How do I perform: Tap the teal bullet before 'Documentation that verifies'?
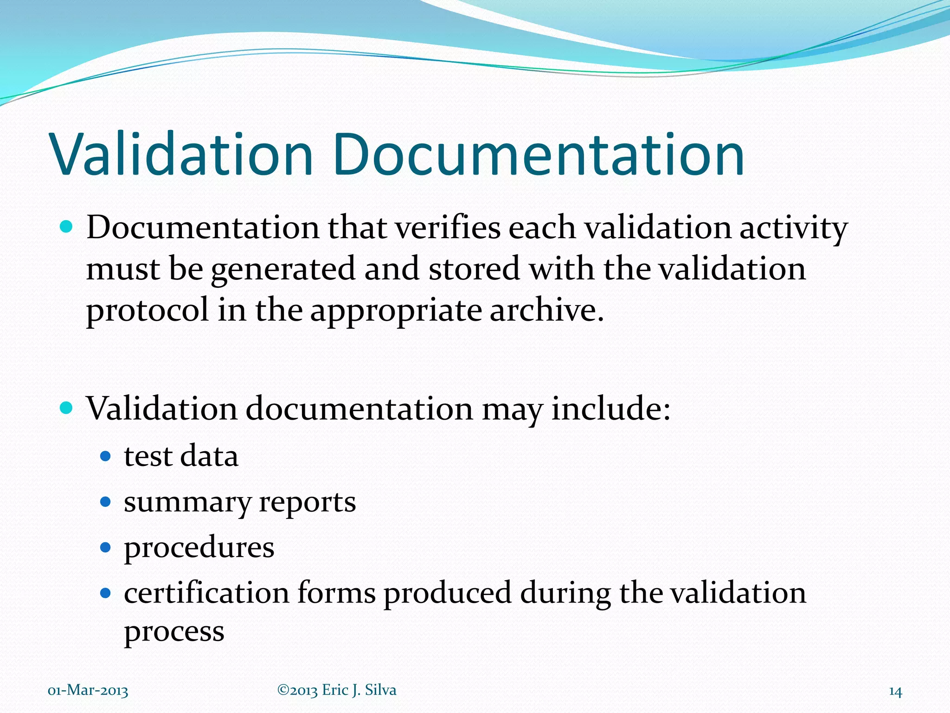coord(67,227)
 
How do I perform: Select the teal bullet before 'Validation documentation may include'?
coord(67,408)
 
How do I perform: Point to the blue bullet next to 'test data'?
coord(106,456)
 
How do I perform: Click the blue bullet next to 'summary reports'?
coord(106,502)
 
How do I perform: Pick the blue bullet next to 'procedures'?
coord(106,547)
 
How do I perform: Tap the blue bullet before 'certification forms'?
coord(106,593)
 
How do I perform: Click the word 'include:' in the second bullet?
coord(611,409)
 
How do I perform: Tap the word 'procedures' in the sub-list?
coord(199,548)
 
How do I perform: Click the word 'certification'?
coord(206,593)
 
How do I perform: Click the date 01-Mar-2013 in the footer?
coord(88,691)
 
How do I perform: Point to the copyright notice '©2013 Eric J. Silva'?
coord(337,690)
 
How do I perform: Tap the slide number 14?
coord(895,692)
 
